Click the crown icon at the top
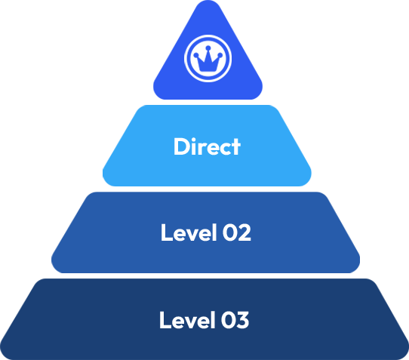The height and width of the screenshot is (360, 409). coord(208,58)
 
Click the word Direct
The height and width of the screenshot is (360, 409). coord(207,146)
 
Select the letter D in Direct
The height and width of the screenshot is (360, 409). coord(181,146)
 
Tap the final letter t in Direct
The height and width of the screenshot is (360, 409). coord(235,146)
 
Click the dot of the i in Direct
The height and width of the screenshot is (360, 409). coord(195,138)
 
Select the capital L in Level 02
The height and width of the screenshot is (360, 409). coord(166,232)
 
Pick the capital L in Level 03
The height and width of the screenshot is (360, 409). coord(165,320)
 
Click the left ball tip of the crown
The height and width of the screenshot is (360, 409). coord(197,54)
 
